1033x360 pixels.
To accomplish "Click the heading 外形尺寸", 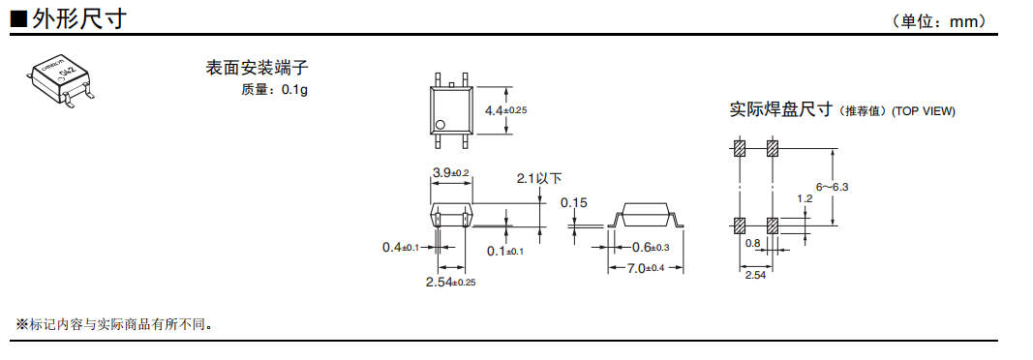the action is [78, 18].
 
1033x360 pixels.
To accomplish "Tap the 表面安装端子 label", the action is [257, 67].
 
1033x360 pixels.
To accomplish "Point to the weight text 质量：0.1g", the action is [274, 89].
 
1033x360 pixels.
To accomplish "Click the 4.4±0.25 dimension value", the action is [506, 110].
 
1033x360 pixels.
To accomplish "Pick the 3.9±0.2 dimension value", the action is [450, 173].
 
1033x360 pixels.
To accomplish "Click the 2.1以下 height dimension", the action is [539, 178].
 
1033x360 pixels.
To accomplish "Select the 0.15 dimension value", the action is [573, 202].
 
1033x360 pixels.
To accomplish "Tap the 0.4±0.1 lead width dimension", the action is [401, 248].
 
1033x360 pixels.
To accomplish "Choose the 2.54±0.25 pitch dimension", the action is [451, 283].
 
